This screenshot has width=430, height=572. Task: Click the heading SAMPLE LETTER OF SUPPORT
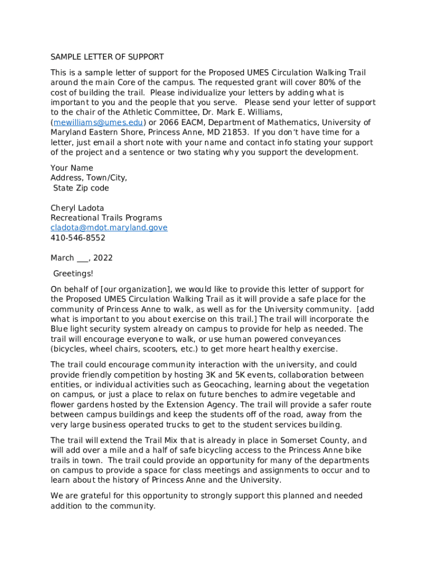107,57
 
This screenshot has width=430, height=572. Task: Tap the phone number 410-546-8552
78,238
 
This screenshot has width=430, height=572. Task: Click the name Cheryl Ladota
77,208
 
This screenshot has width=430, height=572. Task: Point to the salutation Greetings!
73,273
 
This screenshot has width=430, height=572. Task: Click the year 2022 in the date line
103,258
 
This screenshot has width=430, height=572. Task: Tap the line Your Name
71,168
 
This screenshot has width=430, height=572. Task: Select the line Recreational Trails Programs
106,218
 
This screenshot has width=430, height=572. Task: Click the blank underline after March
82,259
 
